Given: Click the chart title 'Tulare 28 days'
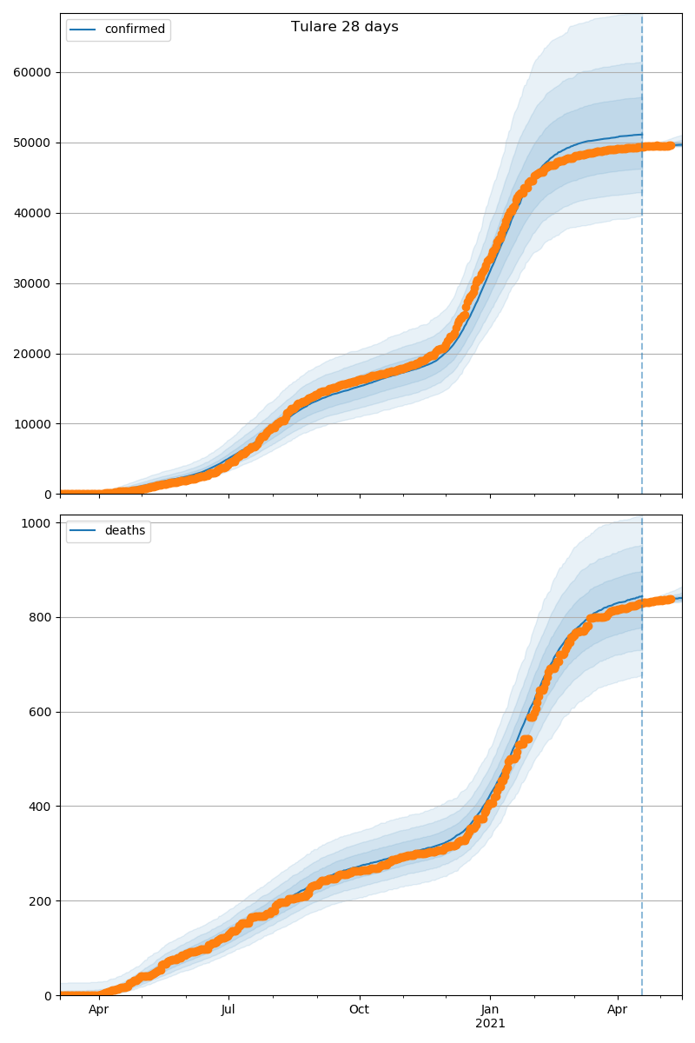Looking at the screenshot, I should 345,27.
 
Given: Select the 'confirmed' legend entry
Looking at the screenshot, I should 135,30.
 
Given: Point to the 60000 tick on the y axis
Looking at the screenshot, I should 32,72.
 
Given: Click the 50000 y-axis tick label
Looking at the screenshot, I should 32,143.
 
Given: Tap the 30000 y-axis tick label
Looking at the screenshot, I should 32,283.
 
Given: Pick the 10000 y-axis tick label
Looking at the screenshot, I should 32,424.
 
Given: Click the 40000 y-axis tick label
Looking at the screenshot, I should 32,213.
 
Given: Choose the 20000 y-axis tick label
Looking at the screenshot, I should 32,354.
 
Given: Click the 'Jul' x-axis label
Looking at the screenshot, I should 228,1010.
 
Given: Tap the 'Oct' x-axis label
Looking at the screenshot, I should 359,1010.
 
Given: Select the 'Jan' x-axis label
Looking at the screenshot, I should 490,1010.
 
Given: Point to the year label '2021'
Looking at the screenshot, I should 490,1024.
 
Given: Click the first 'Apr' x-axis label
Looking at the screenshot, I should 99,1010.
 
